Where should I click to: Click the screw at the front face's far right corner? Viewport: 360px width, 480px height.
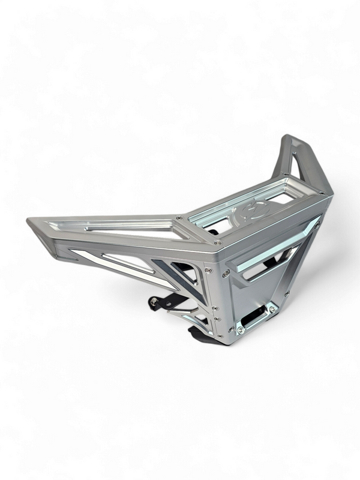tap(317, 223)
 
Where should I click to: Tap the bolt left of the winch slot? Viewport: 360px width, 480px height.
tap(240, 329)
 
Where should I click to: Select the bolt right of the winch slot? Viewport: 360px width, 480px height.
tap(273, 309)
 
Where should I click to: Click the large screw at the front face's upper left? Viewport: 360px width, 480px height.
tap(226, 273)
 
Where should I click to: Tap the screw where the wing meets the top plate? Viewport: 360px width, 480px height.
tap(179, 218)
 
